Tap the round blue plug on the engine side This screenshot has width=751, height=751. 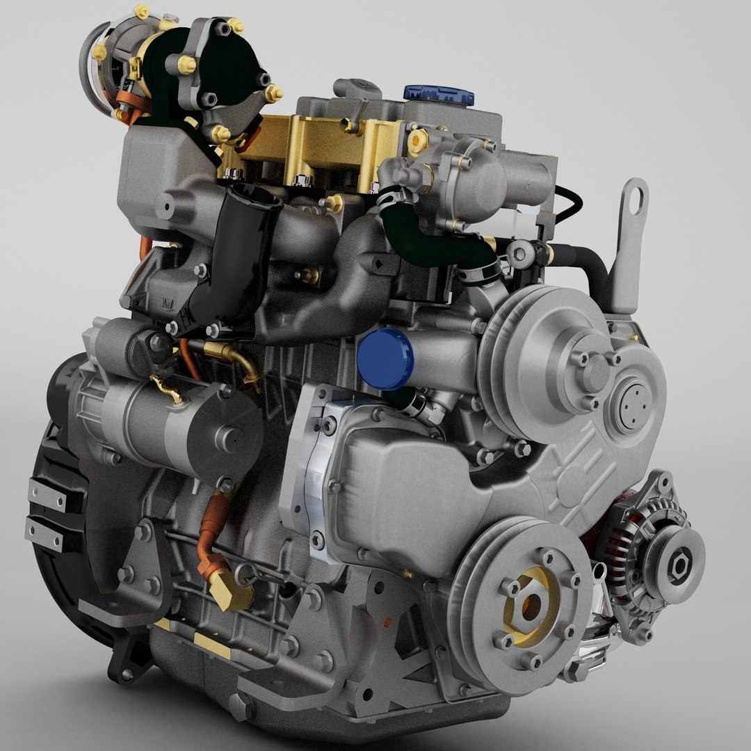point(385,359)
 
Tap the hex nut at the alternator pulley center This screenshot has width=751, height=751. point(679,563)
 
